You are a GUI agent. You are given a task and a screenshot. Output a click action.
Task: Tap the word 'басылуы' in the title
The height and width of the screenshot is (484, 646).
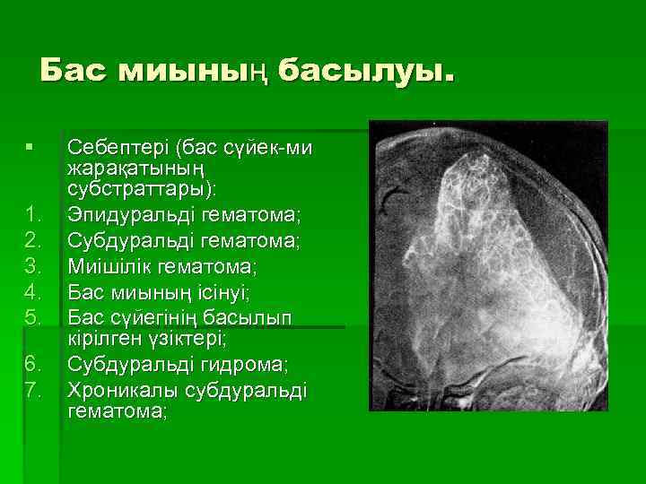coord(363,71)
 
